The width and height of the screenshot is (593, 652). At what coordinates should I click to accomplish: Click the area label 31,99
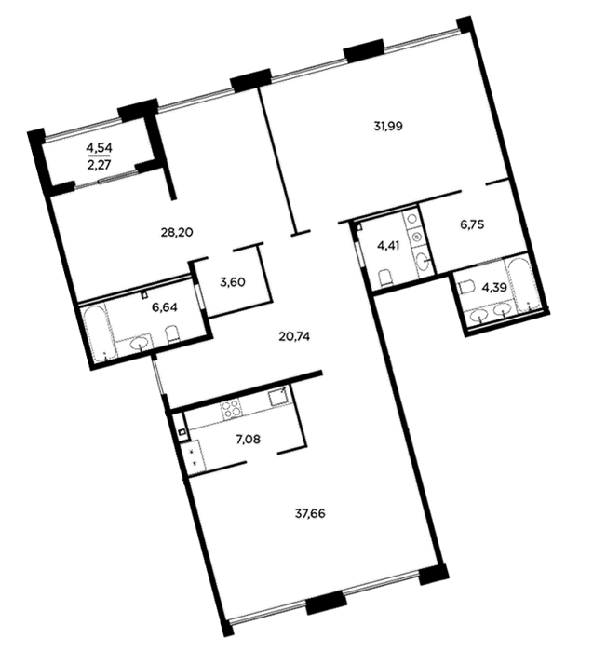point(387,126)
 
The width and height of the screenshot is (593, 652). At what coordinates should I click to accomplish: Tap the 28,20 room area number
point(177,232)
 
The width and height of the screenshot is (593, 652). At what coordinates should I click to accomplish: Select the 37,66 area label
point(310,514)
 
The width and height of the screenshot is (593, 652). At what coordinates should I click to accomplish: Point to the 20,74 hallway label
point(294,335)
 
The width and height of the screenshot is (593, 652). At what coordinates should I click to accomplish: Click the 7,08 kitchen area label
point(248,439)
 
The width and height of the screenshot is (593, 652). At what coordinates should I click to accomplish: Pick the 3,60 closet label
point(233,282)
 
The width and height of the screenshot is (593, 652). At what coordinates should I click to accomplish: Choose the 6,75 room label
point(472,225)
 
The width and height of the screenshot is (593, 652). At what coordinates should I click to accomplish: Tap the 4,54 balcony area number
point(100,147)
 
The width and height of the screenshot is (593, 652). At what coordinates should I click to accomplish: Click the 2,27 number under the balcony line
point(100,165)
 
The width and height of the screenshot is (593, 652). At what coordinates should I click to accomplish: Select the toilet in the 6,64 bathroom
point(172,333)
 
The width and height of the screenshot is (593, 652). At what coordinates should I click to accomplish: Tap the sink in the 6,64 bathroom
point(140,344)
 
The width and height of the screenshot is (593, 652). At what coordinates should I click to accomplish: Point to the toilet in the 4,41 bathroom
point(386,278)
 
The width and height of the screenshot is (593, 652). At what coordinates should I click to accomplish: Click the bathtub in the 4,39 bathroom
point(523,286)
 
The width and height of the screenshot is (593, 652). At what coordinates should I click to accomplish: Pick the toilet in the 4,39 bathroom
point(466,287)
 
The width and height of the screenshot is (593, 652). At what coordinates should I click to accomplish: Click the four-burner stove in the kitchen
point(231,408)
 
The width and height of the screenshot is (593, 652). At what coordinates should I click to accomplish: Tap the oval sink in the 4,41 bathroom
point(423,262)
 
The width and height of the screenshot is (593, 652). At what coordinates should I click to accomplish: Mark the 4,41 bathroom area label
point(388,245)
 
